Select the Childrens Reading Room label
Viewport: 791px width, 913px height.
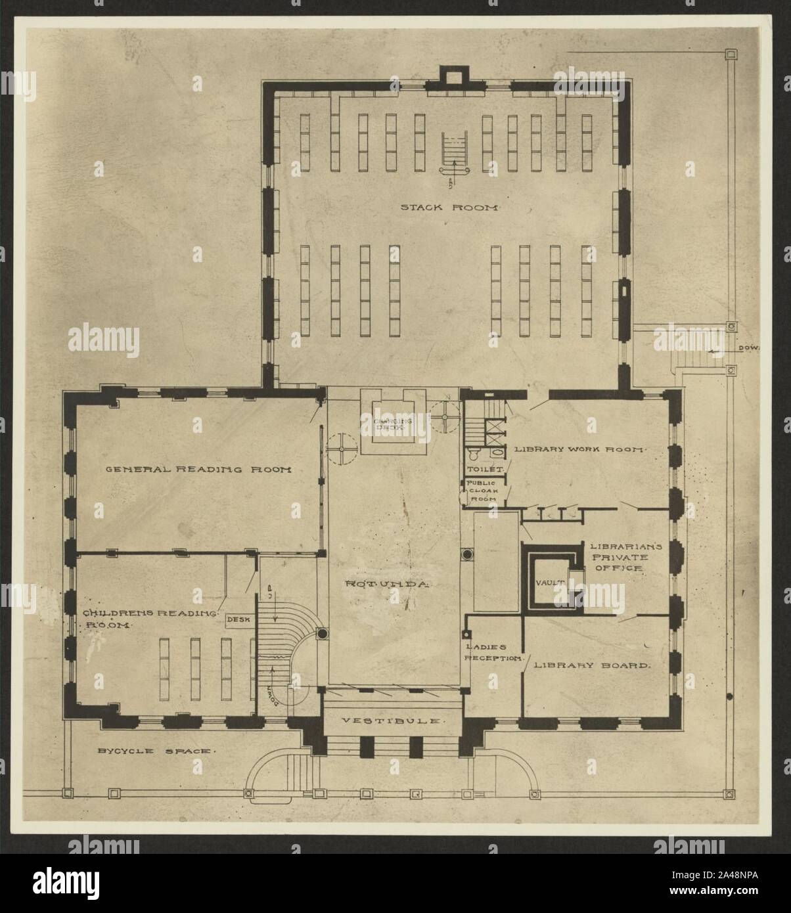pos(150,619)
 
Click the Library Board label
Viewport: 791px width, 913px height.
pos(591,665)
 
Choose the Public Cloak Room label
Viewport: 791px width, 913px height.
pos(485,491)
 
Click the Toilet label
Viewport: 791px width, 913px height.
pos(484,469)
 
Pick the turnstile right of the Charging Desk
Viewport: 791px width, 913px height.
pos(447,416)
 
